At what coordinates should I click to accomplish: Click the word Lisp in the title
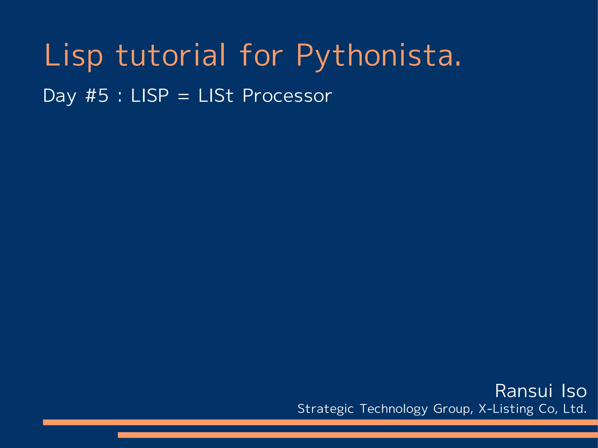pyautogui.click(x=73, y=55)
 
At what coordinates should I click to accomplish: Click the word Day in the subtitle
pyautogui.click(x=60, y=96)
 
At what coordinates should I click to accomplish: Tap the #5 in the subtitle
pyautogui.click(x=97, y=95)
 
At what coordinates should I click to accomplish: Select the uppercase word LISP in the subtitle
pyautogui.click(x=150, y=95)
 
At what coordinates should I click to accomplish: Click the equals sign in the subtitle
pyautogui.click(x=183, y=96)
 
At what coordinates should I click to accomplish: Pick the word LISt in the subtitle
pyautogui.click(x=216, y=95)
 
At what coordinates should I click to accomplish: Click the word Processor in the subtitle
pyautogui.click(x=287, y=95)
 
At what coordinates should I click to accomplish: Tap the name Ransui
pyautogui.click(x=524, y=391)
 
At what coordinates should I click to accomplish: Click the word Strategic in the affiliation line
pyautogui.click(x=326, y=409)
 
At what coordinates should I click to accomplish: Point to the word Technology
pyautogui.click(x=394, y=409)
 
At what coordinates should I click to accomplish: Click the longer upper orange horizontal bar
pyautogui.click(x=320, y=422)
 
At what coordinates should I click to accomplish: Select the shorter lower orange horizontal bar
pyautogui.click(x=357, y=435)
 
